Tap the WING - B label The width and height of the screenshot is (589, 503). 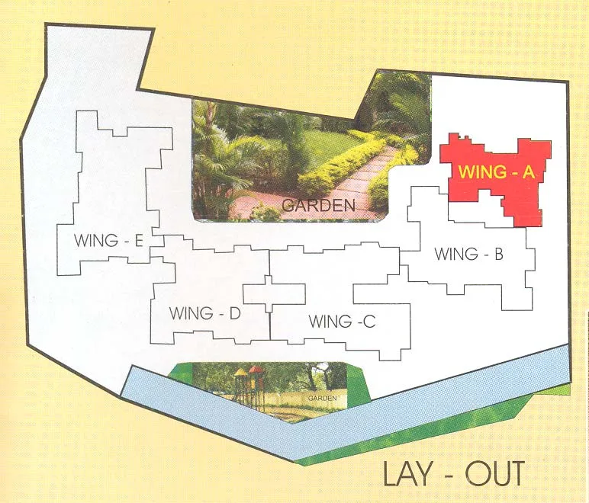coord(468,255)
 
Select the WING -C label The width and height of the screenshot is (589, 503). coord(342,322)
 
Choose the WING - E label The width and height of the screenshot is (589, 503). coord(109,241)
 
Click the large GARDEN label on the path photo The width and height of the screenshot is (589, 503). coord(318,204)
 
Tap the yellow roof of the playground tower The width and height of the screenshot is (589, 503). coord(240,373)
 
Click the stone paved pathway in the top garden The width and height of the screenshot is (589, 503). coord(359,183)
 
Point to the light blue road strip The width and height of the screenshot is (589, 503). coord(427,408)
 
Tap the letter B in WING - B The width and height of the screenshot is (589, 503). coord(497,255)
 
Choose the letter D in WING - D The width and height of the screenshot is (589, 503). coord(235,312)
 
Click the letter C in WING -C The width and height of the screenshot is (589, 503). coord(369,322)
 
